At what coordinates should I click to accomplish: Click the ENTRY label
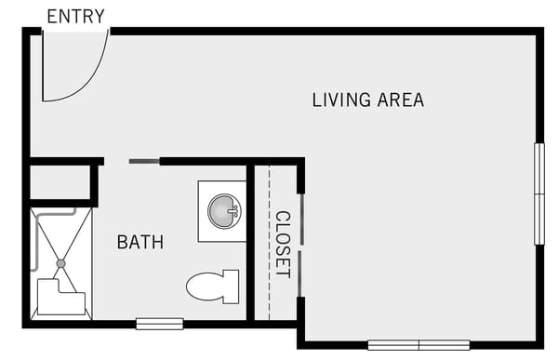pos(75,17)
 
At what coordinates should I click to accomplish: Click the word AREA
pos(401,100)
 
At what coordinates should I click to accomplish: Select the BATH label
pos(140,243)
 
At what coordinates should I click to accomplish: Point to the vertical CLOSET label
pos(283,244)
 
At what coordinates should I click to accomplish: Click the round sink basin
pos(223,211)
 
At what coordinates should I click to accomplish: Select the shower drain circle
pos(60,263)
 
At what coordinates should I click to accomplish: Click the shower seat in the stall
pos(60,299)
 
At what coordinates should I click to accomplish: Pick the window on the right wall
pos(538,193)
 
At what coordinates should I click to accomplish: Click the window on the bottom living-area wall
pos(418,344)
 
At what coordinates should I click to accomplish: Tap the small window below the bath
pos(159,324)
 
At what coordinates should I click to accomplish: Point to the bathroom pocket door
pos(143,162)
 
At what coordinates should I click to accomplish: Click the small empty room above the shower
pos(60,182)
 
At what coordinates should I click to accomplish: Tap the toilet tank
pos(230,287)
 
